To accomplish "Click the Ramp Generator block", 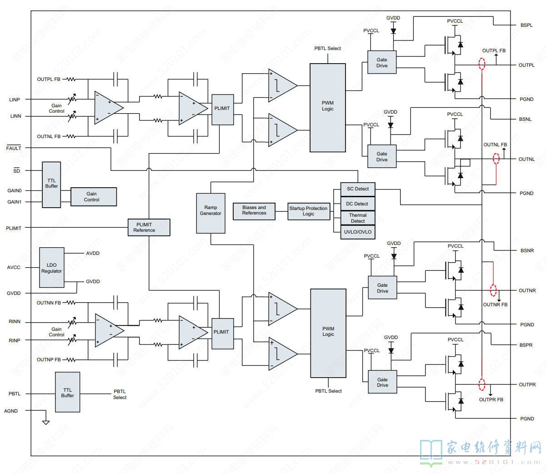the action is pyautogui.click(x=210, y=213).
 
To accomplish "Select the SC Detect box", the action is pyautogui.click(x=358, y=189).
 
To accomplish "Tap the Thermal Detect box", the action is pyautogui.click(x=358, y=218).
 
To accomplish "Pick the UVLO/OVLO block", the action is pyautogui.click(x=358, y=232).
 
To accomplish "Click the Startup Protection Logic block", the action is pyautogui.click(x=309, y=211).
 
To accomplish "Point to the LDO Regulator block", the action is pyautogui.click(x=51, y=268).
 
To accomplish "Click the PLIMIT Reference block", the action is pyautogui.click(x=149, y=227).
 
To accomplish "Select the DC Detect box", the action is pyautogui.click(x=358, y=204).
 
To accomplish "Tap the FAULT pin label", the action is pyautogui.click(x=14, y=148).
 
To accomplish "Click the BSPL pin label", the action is pyautogui.click(x=526, y=25).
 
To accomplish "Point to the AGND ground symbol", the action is pyautogui.click(x=46, y=422).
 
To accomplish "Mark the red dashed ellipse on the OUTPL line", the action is pyautogui.click(x=482, y=64).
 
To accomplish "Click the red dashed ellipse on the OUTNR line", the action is pyautogui.click(x=493, y=290).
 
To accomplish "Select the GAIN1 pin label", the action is pyautogui.click(x=15, y=202).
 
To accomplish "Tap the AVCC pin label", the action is pyautogui.click(x=14, y=267).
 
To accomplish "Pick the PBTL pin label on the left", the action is pyautogui.click(x=15, y=394).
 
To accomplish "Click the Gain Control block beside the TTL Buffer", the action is pyautogui.click(x=93, y=197).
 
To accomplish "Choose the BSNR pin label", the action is pyautogui.click(x=527, y=250).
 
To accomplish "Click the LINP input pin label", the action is pyautogui.click(x=15, y=100).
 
